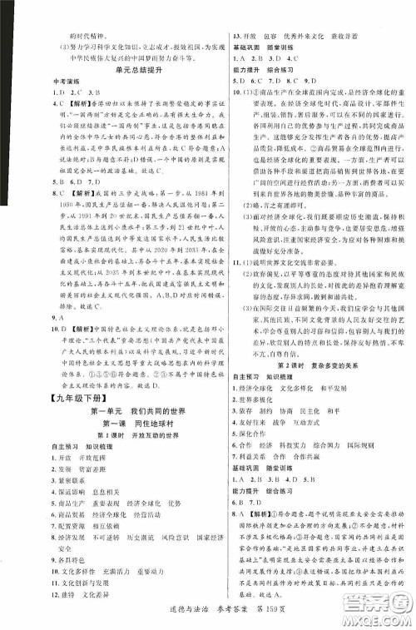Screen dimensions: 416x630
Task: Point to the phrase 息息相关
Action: point(86,468)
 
